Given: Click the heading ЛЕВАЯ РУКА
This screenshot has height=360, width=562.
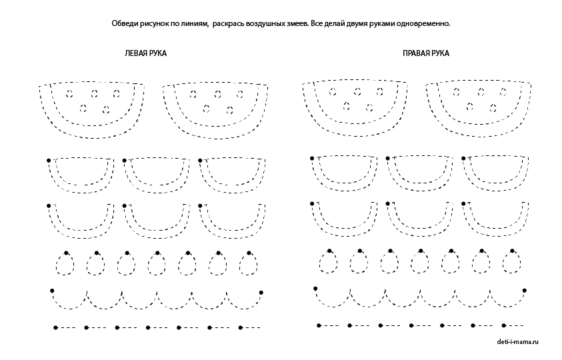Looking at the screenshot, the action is (145, 53).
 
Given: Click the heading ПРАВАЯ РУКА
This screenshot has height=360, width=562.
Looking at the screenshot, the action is (426, 53).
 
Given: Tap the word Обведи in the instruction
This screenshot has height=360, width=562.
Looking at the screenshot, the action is (124, 23).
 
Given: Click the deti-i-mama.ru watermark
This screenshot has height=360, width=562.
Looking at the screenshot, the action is (517, 342).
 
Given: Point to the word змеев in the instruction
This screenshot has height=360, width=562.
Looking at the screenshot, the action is (297, 23).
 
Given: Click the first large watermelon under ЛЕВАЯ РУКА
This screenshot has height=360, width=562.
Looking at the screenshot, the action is (92, 110).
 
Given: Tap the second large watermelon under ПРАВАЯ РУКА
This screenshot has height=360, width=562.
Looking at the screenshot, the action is (479, 108).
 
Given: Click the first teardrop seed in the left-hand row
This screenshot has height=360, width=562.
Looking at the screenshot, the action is (65, 263).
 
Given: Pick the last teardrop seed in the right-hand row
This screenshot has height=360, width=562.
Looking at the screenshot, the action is (512, 262).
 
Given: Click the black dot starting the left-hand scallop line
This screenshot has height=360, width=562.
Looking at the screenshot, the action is (52, 291).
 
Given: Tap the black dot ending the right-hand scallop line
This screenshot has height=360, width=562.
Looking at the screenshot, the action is (525, 291).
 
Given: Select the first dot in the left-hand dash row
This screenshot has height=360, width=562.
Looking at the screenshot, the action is (55, 328).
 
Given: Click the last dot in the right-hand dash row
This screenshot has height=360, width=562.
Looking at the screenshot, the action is (504, 325).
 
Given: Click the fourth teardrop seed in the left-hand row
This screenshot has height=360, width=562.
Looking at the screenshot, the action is (157, 263).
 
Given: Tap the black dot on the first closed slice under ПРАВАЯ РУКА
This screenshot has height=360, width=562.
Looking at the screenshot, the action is (312, 159).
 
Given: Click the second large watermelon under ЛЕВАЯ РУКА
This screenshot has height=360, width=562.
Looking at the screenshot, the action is (215, 111).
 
